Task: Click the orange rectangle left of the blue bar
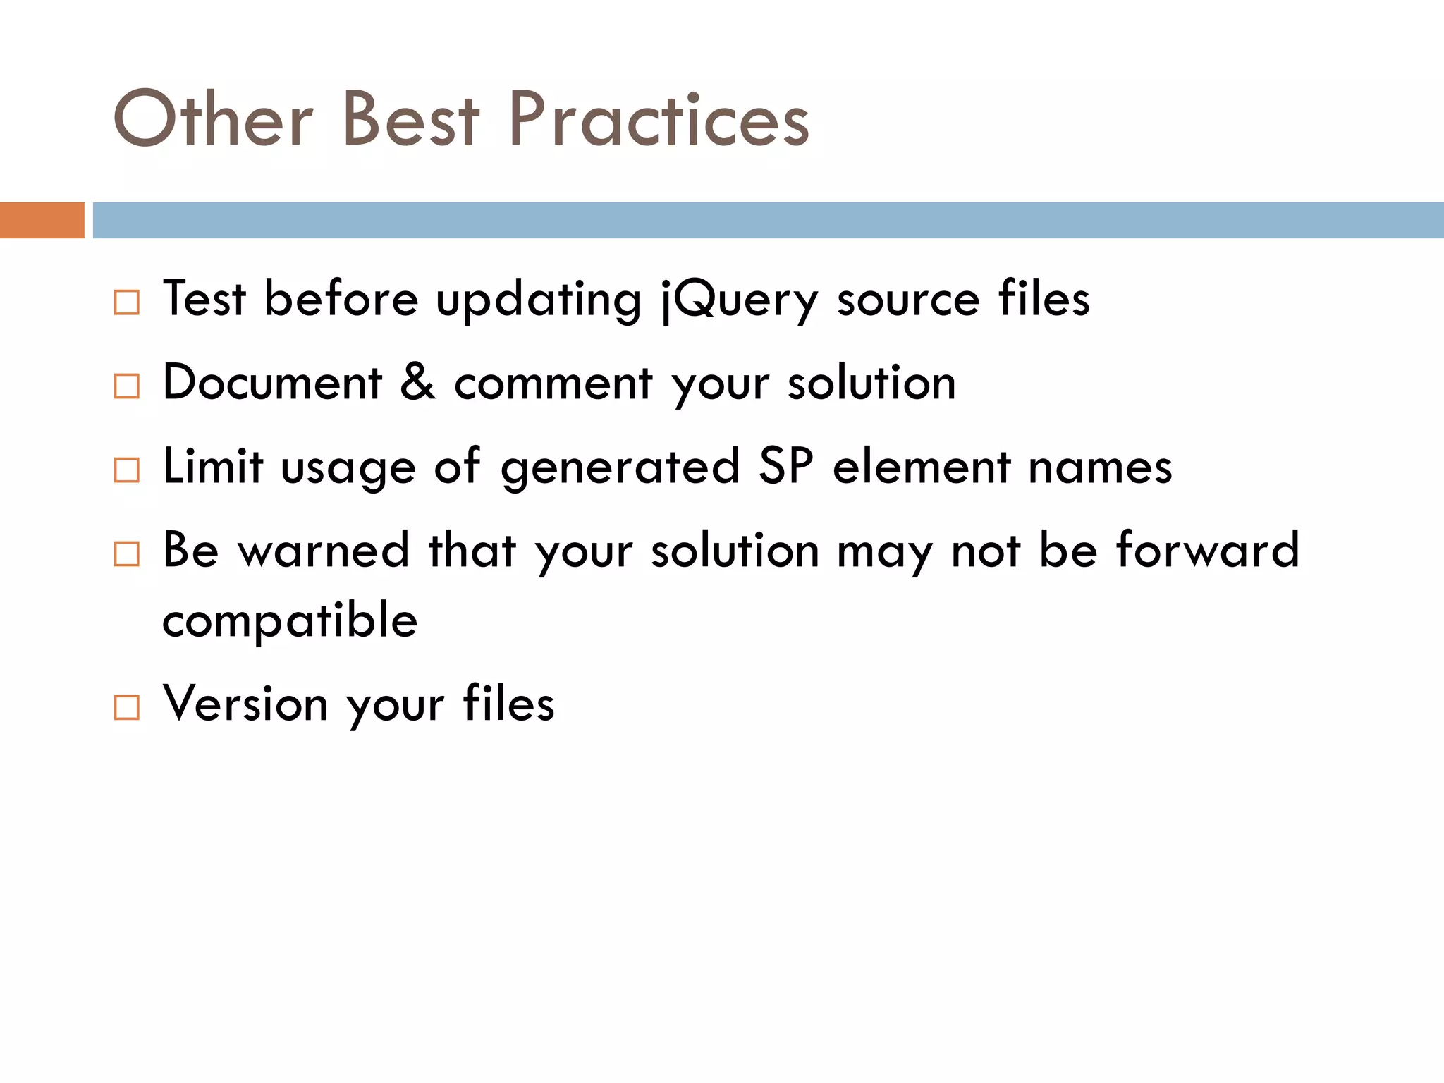tap(42, 220)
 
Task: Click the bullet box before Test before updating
tap(127, 302)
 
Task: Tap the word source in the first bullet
tap(908, 300)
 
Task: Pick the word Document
tap(272, 383)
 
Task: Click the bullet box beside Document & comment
tap(127, 386)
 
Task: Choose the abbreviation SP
tap(785, 466)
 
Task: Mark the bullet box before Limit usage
tap(127, 470)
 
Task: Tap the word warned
tap(324, 550)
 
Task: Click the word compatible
tap(290, 621)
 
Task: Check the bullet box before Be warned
tap(127, 553)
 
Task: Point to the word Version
tap(245, 703)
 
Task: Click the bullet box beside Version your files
tap(127, 707)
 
